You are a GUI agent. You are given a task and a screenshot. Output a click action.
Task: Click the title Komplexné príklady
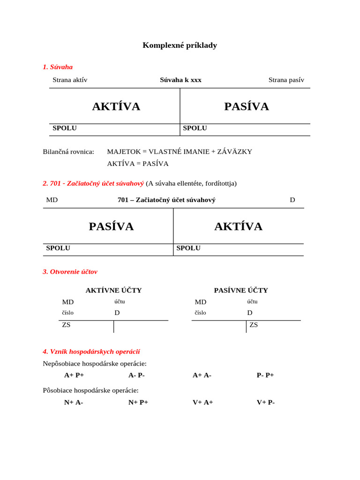point(180,45)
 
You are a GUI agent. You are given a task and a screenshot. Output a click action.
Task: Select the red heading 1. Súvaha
point(58,67)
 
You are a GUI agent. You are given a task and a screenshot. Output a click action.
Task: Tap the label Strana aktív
point(70,80)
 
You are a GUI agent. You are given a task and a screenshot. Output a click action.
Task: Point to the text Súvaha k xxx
point(180,80)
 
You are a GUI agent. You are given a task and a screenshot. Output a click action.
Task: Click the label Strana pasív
point(286,80)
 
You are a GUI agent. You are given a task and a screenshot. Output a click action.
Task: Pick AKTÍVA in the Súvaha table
point(116,106)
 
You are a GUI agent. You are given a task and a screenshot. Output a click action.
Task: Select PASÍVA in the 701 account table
point(111,226)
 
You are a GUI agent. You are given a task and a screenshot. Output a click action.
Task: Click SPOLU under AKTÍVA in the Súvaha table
point(65,128)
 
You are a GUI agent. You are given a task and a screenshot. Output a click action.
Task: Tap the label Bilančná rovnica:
point(68,151)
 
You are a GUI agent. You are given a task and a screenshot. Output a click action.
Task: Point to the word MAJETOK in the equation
point(124,151)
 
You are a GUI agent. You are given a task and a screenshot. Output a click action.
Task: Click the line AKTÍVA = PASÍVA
point(137,164)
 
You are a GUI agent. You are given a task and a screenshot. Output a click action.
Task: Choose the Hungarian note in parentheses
point(191,183)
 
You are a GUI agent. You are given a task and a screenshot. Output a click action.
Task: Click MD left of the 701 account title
point(52,200)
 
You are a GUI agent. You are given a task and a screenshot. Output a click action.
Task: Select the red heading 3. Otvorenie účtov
point(70,271)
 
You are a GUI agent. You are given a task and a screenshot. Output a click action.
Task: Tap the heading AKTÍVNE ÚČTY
point(113,290)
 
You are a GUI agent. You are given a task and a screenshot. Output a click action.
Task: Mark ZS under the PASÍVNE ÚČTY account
point(254,324)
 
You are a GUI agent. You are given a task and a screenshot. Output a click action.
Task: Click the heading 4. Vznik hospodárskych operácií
point(91,351)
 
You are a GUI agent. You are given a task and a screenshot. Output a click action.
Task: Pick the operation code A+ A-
point(202,375)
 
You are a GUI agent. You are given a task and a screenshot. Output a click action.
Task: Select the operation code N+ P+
point(138,402)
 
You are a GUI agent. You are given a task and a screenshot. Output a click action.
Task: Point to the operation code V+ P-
point(266,402)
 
